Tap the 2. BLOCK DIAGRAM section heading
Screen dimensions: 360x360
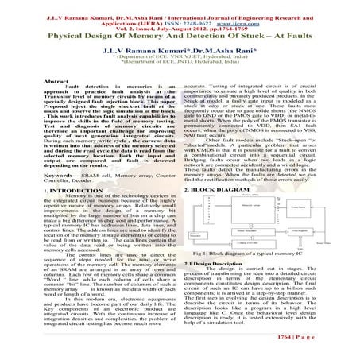coord(226,192)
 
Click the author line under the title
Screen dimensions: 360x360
coord(180,51)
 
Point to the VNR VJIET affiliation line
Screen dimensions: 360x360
coord(180,59)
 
